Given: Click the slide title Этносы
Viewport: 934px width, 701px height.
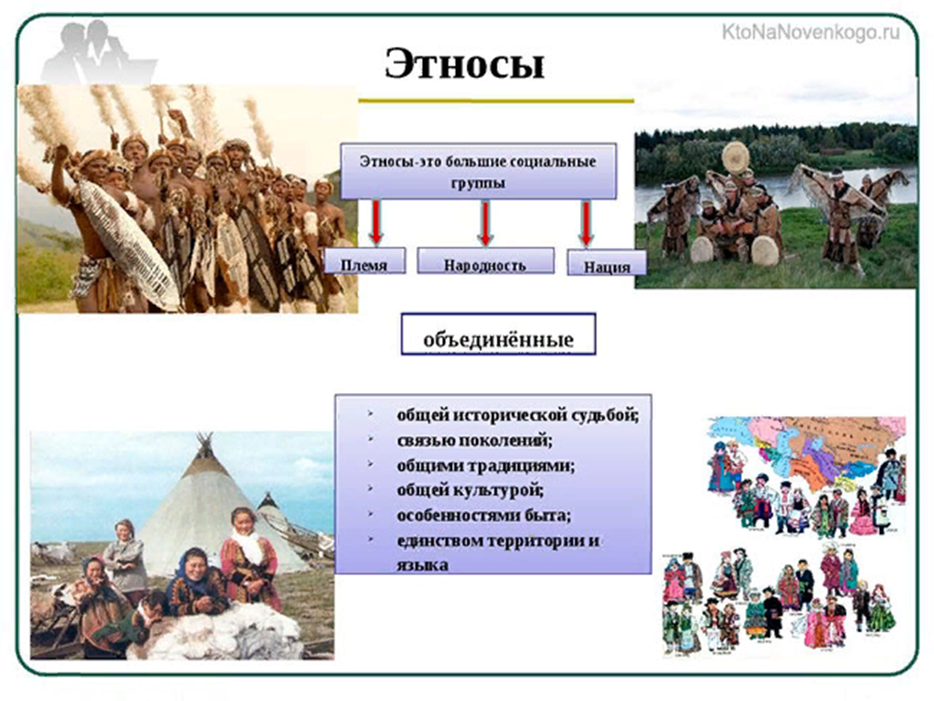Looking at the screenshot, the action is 464,63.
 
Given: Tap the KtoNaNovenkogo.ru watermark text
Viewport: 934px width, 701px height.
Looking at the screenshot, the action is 810,32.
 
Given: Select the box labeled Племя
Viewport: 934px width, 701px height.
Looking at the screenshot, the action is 365,261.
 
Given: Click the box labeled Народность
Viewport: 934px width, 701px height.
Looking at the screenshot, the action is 485,261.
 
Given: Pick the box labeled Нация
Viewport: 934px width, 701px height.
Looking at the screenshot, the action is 607,263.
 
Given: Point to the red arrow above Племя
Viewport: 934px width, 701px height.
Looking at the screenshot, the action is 376,222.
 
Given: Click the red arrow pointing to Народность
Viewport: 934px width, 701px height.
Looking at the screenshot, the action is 485,223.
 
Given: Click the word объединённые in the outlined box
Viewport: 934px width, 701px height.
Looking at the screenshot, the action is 498,340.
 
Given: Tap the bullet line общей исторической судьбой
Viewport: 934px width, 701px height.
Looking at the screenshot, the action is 518,414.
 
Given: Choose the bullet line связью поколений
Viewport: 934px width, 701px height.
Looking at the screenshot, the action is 474,440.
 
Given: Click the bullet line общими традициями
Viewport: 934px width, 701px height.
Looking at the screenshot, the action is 486,466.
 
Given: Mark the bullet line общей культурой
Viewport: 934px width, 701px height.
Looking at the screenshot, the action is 470,491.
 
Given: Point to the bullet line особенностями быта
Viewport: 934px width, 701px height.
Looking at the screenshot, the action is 484,514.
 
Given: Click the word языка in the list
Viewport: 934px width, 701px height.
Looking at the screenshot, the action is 422,565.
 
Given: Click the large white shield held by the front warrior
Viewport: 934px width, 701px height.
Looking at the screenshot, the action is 128,244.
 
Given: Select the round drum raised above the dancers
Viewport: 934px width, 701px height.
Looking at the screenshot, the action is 737,157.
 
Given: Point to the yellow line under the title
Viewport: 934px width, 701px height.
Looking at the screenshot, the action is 496,100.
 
